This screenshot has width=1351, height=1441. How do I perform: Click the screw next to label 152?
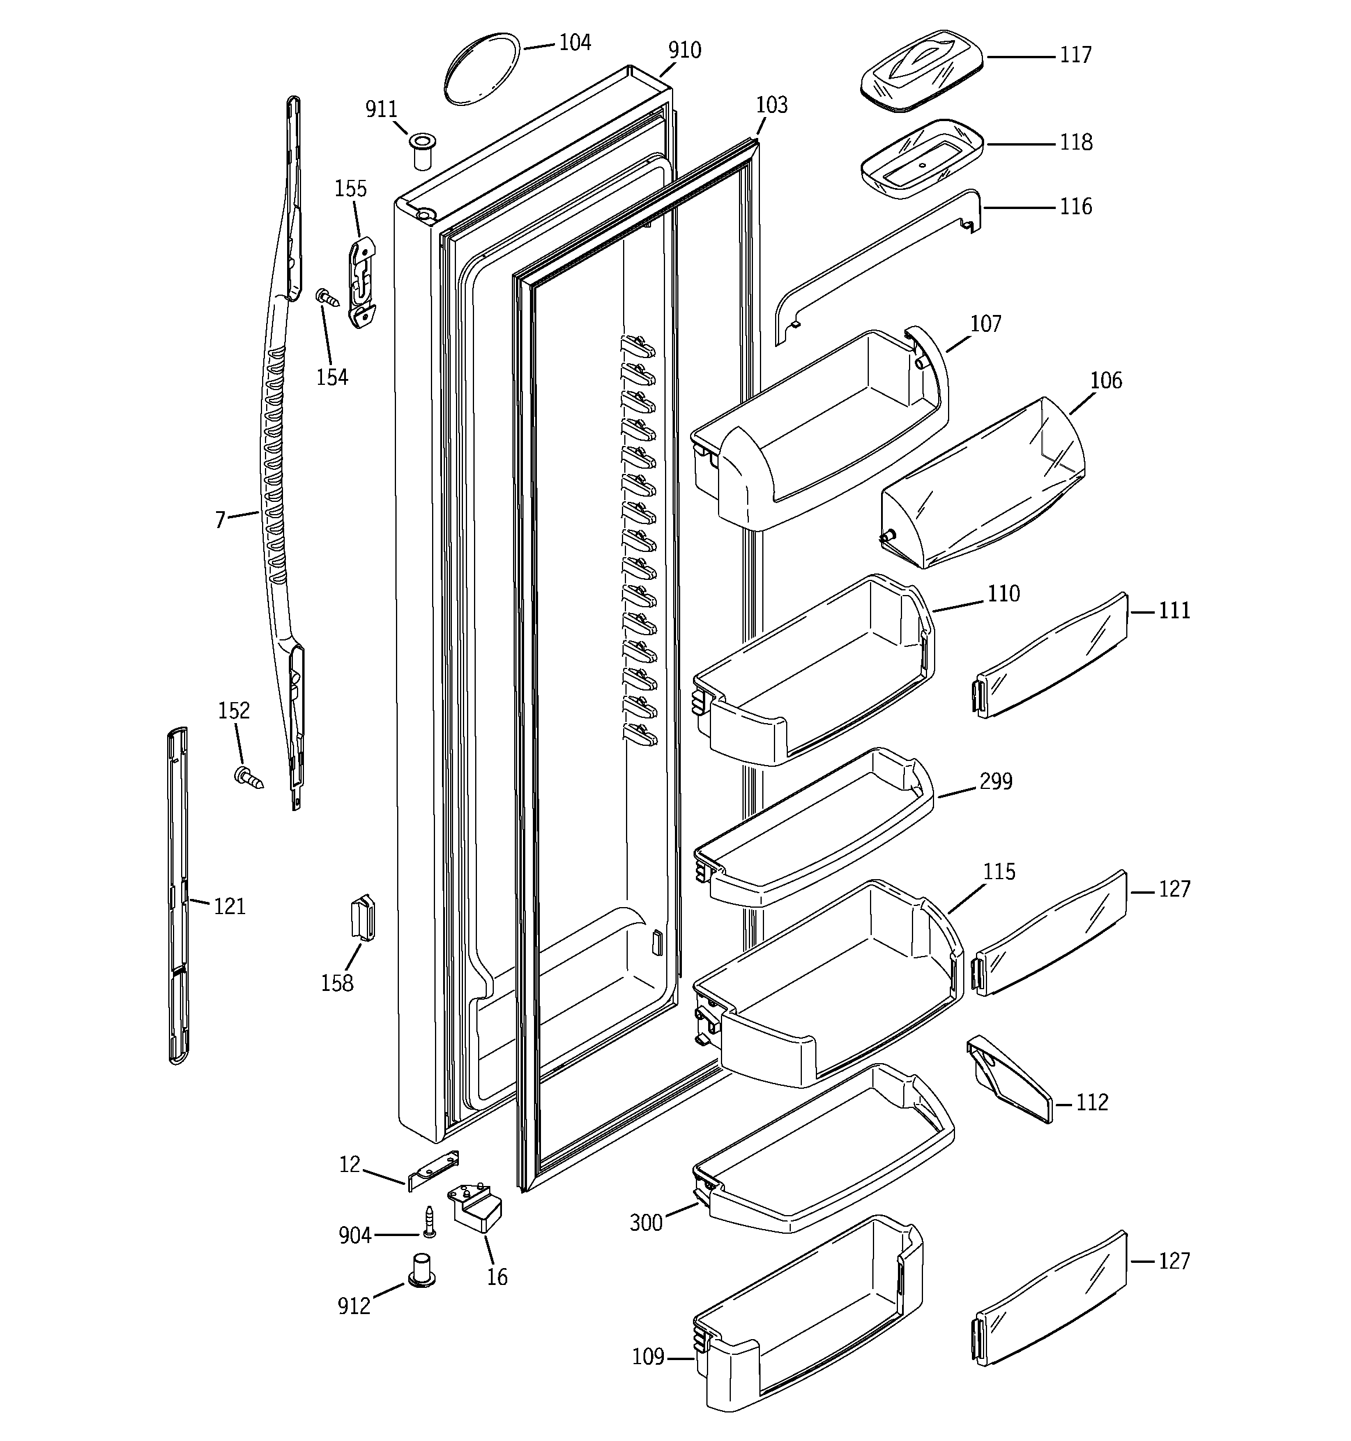click(249, 778)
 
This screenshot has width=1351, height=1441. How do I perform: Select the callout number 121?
click(229, 906)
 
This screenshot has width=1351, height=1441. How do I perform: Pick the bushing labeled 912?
click(422, 1290)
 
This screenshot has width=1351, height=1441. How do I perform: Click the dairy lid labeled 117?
click(921, 70)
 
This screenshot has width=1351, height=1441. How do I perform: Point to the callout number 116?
click(1076, 207)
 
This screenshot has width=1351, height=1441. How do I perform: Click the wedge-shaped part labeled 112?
click(1009, 1078)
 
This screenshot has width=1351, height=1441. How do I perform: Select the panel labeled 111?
click(1050, 655)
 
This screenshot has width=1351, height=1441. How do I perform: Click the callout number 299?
click(996, 781)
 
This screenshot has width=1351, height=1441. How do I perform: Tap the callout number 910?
click(685, 50)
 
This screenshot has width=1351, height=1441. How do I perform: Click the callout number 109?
click(648, 1356)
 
